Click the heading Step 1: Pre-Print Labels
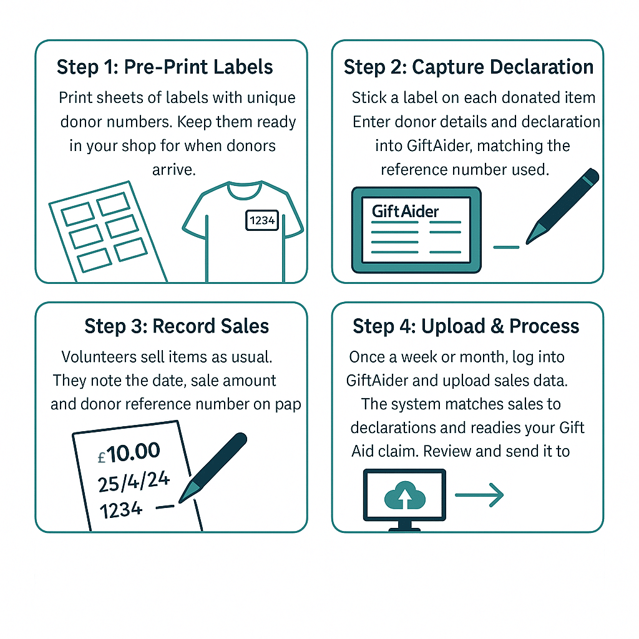[x=165, y=67]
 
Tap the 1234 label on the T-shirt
[x=262, y=220]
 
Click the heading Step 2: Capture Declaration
[x=468, y=67]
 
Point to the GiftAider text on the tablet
[x=405, y=211]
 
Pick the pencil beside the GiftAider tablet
[x=561, y=206]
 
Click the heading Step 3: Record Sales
[x=177, y=326]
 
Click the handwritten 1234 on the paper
[x=121, y=510]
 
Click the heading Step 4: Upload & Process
[x=466, y=326]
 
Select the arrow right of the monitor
[x=479, y=496]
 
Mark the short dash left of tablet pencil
[x=506, y=247]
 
